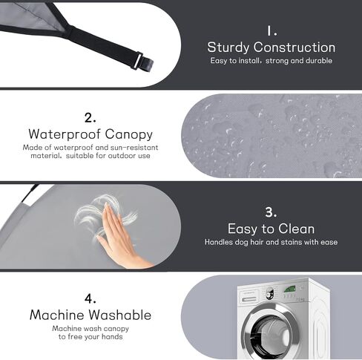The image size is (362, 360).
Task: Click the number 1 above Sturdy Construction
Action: [x=269, y=31]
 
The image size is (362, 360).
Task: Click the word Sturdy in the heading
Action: [x=228, y=48]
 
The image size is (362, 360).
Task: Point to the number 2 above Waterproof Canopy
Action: [x=89, y=117]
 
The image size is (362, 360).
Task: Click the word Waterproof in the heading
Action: [x=65, y=134]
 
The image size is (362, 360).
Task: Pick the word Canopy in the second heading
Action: [x=129, y=135]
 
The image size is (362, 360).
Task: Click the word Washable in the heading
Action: [x=119, y=315]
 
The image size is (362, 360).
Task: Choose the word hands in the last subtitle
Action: [x=112, y=337]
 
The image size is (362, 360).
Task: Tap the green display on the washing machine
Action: [x=289, y=289]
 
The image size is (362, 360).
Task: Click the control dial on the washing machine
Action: [x=270, y=293]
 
